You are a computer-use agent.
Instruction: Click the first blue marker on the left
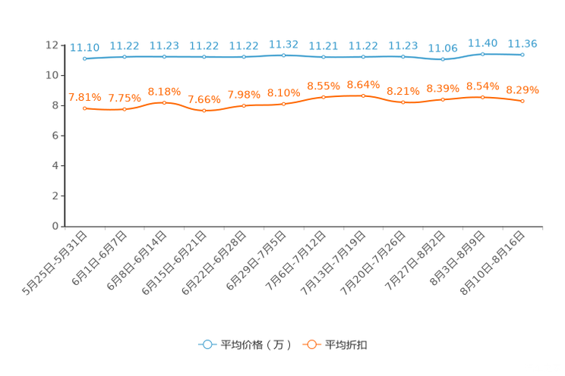tap(84, 58)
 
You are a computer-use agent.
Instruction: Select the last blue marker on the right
tap(522, 55)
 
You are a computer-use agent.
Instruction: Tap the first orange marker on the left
tap(84, 108)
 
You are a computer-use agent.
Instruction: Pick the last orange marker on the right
tap(522, 101)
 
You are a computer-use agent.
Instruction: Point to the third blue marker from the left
tap(164, 56)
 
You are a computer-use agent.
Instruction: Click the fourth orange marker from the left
tap(204, 111)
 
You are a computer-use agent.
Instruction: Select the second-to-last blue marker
tap(482, 54)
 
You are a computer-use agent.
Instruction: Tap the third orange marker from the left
tap(164, 102)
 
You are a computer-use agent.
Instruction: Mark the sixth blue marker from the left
tap(283, 55)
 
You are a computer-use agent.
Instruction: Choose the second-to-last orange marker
tap(482, 97)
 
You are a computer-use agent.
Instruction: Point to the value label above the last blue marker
tap(522, 42)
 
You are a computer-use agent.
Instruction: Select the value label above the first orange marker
tap(85, 98)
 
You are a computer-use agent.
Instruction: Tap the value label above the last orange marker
tap(522, 89)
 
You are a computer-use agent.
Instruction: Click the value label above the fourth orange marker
tap(204, 99)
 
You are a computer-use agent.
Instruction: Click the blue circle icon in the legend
tap(206, 345)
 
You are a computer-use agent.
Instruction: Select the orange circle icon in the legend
tap(311, 345)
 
